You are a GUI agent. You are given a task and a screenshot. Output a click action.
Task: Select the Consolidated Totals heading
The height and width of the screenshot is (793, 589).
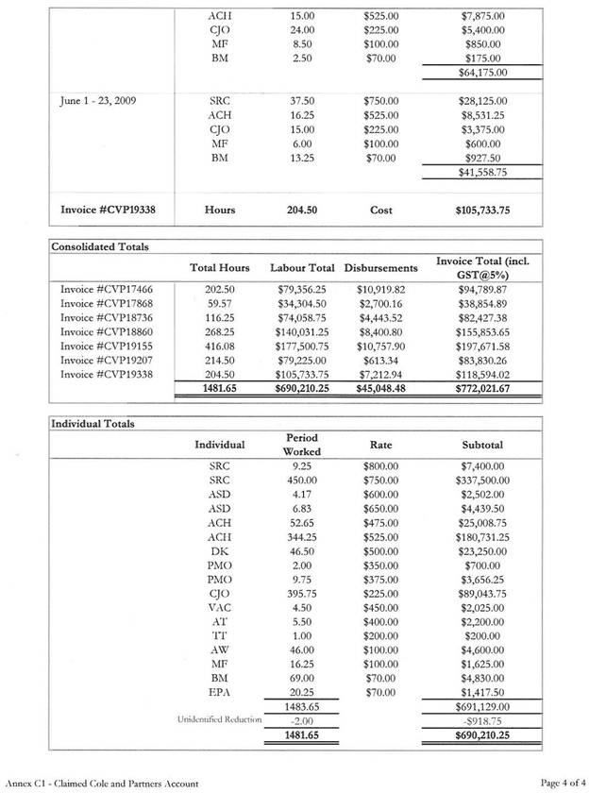tap(100, 246)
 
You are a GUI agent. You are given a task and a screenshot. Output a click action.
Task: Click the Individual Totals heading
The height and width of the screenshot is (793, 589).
tap(93, 423)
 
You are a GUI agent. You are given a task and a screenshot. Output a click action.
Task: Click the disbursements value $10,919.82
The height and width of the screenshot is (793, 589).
tap(380, 288)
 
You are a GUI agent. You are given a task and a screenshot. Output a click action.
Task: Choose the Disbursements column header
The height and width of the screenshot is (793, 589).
tap(380, 267)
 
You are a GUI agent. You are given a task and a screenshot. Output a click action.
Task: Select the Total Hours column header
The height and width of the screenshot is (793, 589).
tap(219, 267)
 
